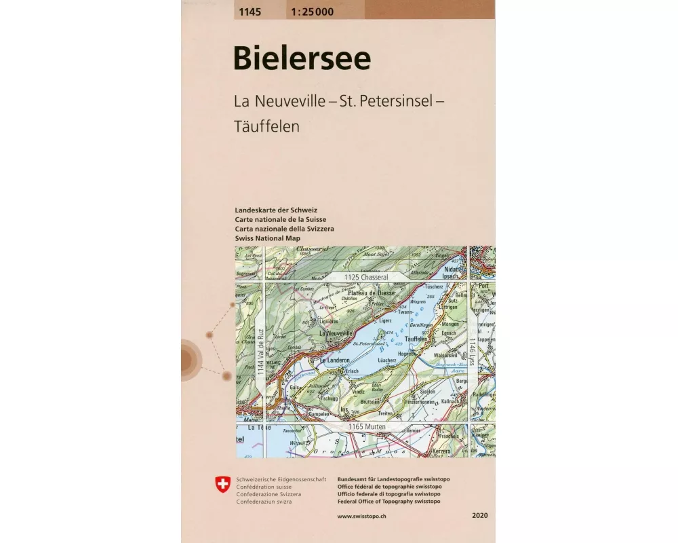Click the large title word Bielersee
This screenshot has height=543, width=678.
pos(302,58)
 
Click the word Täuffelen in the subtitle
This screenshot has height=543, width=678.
pos(266,126)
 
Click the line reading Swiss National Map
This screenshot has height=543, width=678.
pos(268,240)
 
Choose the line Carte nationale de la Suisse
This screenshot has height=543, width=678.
pos(280,220)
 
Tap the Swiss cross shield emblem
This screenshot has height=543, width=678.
pos(222,485)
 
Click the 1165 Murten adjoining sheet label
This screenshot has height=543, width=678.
pos(367,426)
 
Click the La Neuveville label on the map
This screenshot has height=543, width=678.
pos(336,334)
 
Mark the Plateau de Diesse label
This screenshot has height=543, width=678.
pos(372,293)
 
